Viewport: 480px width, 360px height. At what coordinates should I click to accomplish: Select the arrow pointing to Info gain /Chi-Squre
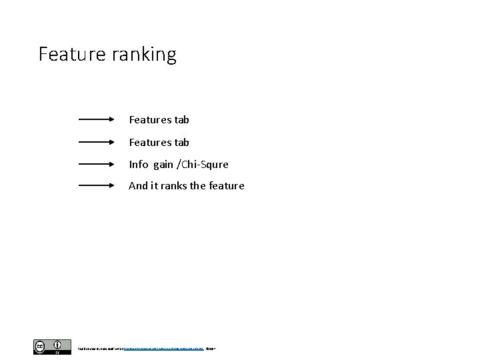coord(97,164)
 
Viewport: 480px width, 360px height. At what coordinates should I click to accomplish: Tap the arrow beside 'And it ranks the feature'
coord(97,186)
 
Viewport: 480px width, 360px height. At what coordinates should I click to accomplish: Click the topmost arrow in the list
coord(97,120)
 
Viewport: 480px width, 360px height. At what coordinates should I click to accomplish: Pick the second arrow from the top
coord(97,142)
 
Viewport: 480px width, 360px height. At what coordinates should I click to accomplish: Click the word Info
coord(139,164)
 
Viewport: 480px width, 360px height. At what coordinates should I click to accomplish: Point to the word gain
coord(163,165)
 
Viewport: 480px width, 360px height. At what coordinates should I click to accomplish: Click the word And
coord(139,186)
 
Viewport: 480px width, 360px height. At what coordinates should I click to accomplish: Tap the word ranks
coord(173,186)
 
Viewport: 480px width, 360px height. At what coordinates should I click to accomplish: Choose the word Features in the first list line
coord(150,120)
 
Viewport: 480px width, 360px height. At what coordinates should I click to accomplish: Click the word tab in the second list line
coord(182,142)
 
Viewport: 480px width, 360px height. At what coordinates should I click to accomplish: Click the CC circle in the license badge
coord(41,345)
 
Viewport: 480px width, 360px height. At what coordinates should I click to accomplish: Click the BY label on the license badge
coord(57,353)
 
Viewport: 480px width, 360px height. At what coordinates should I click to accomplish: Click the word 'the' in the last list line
coord(198,186)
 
